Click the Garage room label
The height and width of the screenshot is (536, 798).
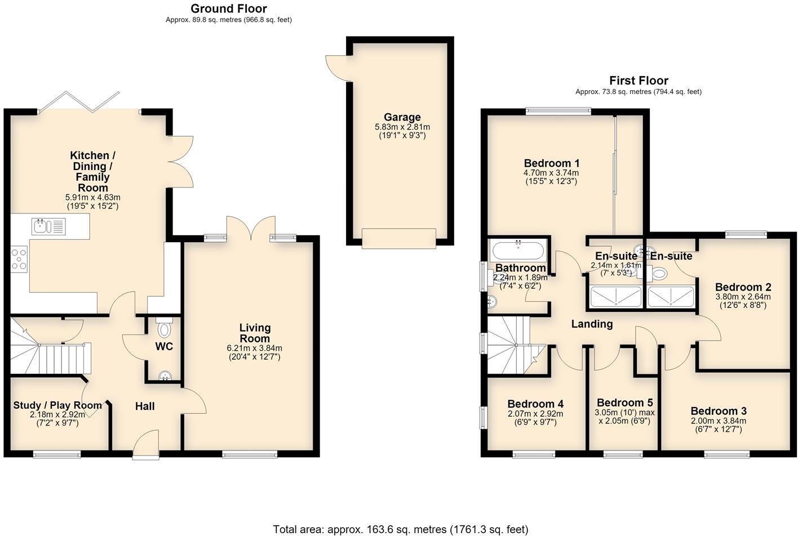[x=402, y=117]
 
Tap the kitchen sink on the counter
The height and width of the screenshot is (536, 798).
[x=49, y=226]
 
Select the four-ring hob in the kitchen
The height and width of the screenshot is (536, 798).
[x=19, y=259]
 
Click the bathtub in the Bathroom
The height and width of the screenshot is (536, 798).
[x=518, y=251]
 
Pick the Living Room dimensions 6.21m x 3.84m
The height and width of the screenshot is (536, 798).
[x=254, y=348]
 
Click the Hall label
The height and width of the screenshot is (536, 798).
[x=145, y=406]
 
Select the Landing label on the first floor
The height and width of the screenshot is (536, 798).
[x=592, y=324]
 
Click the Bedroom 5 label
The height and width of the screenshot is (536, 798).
[x=625, y=403]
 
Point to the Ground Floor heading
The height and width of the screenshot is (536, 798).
[x=229, y=8]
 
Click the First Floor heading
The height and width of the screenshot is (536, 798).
[x=639, y=81]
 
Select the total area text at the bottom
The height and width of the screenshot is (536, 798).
[x=401, y=530]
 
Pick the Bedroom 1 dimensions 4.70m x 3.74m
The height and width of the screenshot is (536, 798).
[x=551, y=173]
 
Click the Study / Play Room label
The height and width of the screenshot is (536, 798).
[x=57, y=405]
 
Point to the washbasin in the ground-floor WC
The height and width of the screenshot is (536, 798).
[x=165, y=376]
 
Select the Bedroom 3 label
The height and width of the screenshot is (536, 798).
[x=719, y=411]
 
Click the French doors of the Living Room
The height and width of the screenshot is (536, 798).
[x=251, y=228]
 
